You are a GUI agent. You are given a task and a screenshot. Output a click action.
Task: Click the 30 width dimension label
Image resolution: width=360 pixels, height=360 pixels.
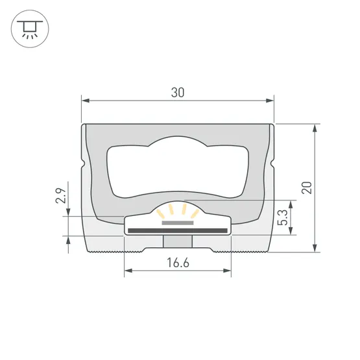point(178,92)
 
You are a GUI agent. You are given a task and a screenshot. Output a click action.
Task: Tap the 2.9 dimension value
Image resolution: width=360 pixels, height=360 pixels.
point(60,195)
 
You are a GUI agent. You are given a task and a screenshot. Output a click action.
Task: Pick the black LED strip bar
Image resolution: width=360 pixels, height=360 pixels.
point(177,230)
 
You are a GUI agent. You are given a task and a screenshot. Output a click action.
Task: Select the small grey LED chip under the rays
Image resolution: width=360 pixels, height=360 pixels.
point(177,222)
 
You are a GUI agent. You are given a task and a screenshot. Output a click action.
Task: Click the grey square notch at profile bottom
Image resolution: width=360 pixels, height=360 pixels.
point(177,241)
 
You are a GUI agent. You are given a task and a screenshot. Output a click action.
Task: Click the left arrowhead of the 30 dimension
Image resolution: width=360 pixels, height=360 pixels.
point(85,101)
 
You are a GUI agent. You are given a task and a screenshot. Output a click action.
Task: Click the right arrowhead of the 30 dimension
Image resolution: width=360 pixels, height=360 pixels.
point(270,101)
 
